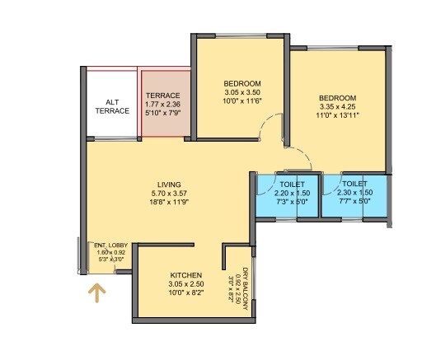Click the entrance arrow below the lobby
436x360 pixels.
click(98, 293)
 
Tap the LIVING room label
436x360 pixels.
click(170, 185)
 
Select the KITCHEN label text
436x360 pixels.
click(187, 275)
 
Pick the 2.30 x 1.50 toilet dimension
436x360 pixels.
click(355, 192)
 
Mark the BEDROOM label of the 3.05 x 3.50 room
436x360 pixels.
click(242, 84)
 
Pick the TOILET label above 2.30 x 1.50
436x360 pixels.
click(355, 183)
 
